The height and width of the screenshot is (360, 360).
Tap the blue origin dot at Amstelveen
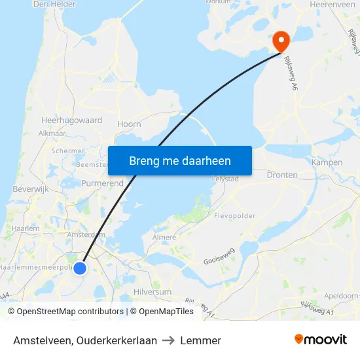pos(80,268)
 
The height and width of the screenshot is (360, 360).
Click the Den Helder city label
pos(54,4)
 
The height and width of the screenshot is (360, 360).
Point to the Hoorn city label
pos(129,124)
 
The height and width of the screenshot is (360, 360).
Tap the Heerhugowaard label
pos(71,120)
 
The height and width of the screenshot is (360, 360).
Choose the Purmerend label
pos(102,184)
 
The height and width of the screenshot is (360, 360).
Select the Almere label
pos(164,237)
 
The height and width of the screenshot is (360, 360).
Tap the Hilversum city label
pos(152,292)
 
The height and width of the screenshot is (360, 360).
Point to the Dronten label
pos(282,175)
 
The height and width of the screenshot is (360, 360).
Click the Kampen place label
pos(327,162)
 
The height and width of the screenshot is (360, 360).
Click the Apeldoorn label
pos(343,295)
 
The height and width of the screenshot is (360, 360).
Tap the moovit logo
pos(320,340)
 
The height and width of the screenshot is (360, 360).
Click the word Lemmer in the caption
pos(200,340)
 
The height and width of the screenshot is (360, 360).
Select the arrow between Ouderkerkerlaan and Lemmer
pos(168,340)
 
